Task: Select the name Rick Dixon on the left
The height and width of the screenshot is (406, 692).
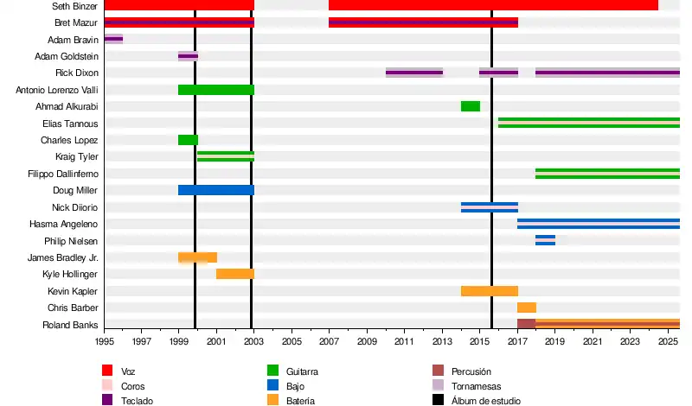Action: [x=76, y=73]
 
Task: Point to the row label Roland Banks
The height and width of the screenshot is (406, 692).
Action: [x=70, y=326]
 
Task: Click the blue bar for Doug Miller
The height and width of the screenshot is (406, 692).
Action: [x=215, y=190]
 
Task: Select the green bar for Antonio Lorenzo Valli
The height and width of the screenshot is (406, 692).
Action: [x=215, y=90]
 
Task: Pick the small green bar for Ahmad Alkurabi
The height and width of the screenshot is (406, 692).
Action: [x=470, y=106]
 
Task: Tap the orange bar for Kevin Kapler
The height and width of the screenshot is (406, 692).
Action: [x=489, y=291]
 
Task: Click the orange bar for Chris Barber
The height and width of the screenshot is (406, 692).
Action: [x=526, y=308]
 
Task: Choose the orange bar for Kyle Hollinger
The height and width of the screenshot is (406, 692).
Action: [x=234, y=274]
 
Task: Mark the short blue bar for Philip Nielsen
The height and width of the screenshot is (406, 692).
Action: [x=545, y=240]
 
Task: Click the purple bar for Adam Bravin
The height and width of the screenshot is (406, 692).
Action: [x=113, y=39]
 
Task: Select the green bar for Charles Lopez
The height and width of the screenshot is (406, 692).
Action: [x=188, y=140]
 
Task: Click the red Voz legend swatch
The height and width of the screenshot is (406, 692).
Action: [x=107, y=371]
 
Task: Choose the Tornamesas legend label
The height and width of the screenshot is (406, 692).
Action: [x=476, y=386]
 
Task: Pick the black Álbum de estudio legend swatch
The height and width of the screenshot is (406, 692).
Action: [x=437, y=400]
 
